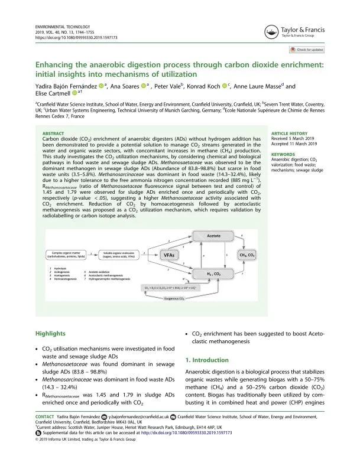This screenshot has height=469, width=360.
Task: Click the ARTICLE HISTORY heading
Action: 288,133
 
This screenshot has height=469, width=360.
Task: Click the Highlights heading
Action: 51,334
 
